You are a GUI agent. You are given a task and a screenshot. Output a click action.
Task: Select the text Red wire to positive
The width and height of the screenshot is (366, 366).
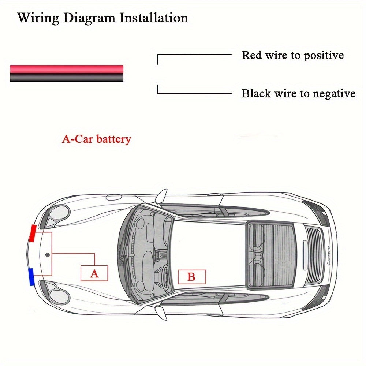[x=293, y=55]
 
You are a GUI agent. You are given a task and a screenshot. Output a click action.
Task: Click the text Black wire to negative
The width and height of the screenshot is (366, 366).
[x=298, y=94]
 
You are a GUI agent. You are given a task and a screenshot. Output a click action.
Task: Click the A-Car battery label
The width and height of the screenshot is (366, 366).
[x=96, y=139]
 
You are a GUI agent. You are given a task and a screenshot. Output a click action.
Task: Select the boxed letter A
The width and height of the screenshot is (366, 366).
[x=94, y=273]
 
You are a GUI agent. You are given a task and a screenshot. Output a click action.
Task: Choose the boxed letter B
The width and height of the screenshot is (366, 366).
[x=191, y=277]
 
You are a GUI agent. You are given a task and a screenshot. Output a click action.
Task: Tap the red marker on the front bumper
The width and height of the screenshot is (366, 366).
[x=33, y=234]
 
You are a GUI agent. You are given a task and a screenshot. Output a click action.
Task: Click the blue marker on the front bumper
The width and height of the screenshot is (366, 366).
[x=31, y=276]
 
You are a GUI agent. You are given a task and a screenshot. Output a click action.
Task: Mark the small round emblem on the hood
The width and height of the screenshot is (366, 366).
[x=47, y=254]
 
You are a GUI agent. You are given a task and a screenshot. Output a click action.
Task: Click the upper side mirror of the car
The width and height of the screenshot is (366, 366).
[x=161, y=196]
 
